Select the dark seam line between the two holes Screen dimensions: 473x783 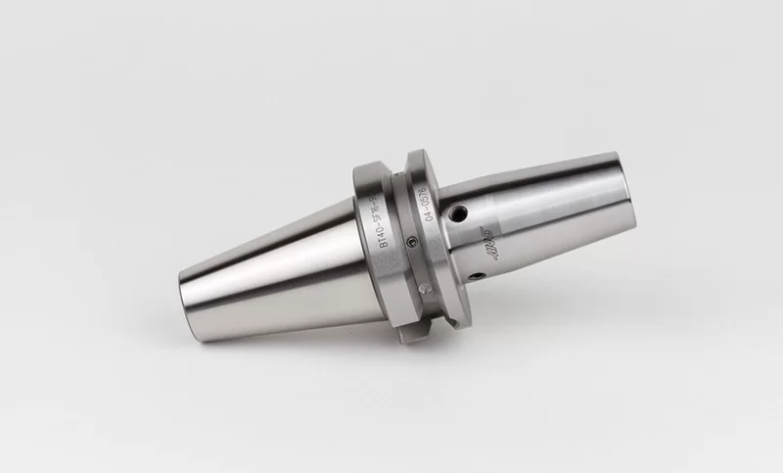click(x=468, y=245)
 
